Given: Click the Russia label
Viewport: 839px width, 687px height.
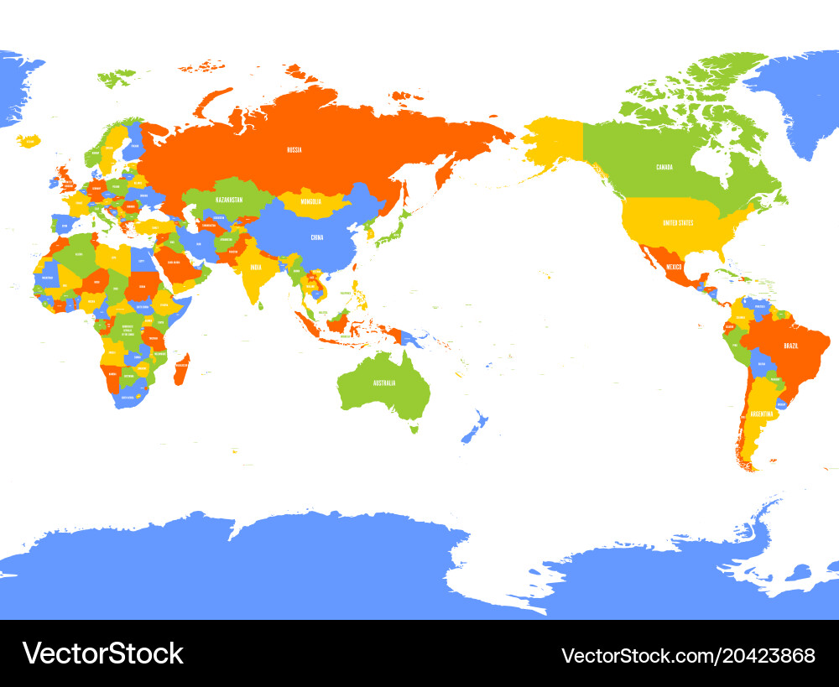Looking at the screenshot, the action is click(x=294, y=150).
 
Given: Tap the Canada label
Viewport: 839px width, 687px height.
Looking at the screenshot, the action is click(x=669, y=167).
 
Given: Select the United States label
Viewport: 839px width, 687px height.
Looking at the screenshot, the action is click(x=678, y=222).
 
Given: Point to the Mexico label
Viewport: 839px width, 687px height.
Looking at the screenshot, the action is click(x=675, y=267).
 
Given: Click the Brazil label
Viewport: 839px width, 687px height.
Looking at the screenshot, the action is click(x=790, y=346).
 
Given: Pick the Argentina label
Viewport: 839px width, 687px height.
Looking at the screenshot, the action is click(x=762, y=414).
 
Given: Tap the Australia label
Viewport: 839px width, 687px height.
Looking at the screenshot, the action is click(x=384, y=383).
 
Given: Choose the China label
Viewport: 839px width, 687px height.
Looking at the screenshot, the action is click(x=316, y=237).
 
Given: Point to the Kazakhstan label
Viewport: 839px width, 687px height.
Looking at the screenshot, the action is click(x=229, y=200).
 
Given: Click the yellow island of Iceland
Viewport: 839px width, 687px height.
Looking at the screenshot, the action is click(x=29, y=141).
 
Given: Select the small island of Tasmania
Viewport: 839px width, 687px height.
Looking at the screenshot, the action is click(x=413, y=428).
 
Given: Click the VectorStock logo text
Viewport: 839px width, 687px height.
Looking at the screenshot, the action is click(x=103, y=653).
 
